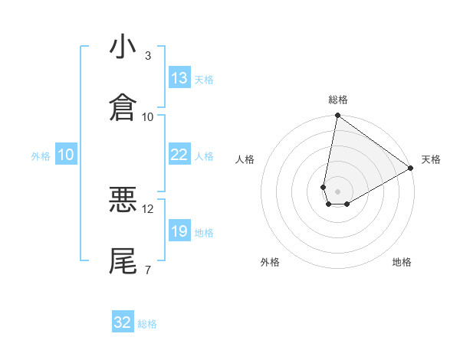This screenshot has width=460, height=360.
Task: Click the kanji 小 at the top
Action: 123,47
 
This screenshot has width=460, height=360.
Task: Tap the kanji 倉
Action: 123,107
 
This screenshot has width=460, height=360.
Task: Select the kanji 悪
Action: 123,200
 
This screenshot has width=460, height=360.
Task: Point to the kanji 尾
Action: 123,260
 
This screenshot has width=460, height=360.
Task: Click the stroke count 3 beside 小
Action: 148,56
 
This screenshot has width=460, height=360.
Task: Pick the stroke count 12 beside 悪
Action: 148,208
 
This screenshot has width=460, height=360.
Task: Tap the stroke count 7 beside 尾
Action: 148,270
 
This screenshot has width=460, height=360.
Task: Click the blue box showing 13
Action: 179,78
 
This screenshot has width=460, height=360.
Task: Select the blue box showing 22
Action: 179,155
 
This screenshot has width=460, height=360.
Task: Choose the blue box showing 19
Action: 179,231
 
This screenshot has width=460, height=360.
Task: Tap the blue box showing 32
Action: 123,322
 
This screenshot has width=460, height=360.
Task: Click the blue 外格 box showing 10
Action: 66,155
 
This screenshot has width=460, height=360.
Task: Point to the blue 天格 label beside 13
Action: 204,79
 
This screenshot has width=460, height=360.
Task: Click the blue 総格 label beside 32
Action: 147,324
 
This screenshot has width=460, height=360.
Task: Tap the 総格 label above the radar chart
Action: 338,100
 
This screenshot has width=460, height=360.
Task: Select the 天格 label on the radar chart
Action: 431,159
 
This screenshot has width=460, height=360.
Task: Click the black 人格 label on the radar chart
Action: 245,159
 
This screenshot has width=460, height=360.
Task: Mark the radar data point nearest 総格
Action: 337,116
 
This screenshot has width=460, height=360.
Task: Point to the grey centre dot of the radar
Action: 337,181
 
